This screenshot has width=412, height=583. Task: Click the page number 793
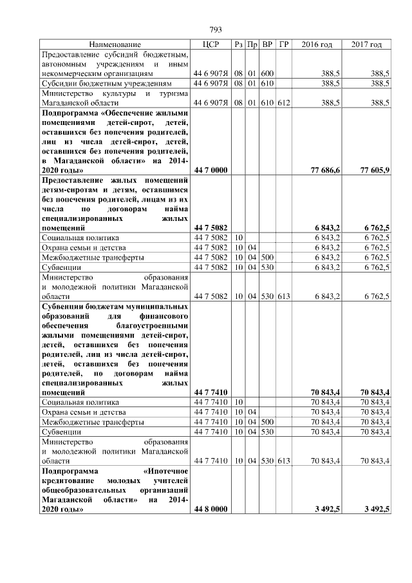pos(216,30)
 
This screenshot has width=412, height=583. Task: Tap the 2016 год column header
pos(317,44)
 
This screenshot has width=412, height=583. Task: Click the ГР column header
pos(284,44)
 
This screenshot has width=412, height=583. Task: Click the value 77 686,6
pos(325,170)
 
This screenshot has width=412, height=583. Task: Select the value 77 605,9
pos(375,170)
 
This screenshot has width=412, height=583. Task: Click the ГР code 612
pos(284,102)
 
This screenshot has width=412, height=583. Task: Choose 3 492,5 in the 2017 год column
pos(375,509)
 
